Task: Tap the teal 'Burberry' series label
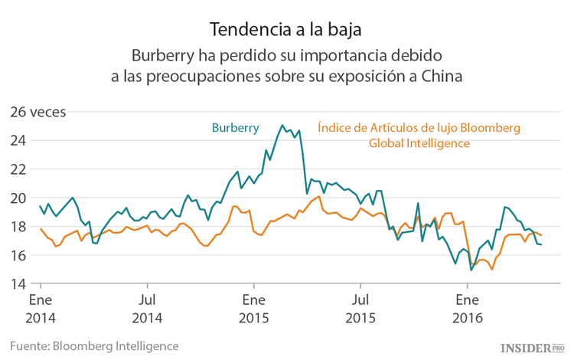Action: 235,127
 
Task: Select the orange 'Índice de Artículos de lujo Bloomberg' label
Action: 419,127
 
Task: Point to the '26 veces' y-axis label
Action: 38,112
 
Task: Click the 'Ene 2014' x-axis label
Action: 41,307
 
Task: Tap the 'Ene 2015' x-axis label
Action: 255,307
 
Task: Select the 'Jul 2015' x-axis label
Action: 360,307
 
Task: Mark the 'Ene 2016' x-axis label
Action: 468,307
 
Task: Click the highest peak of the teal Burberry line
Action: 282,125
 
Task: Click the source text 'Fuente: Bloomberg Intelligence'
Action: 95,345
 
